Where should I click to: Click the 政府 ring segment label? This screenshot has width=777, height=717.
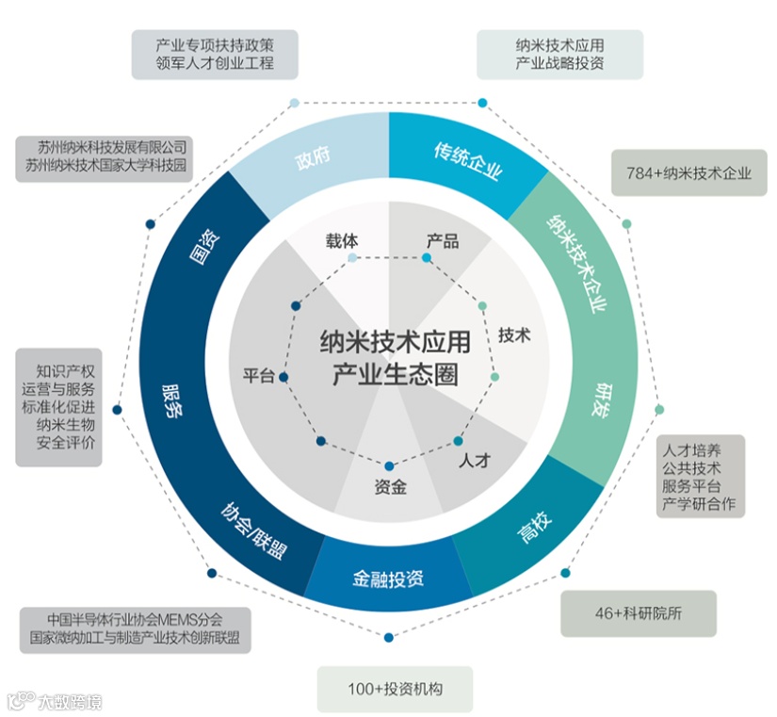(313, 157)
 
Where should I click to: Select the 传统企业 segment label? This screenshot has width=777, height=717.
(467, 161)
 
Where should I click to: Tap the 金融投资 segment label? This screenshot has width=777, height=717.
(388, 576)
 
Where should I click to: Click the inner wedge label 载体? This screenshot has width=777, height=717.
(342, 240)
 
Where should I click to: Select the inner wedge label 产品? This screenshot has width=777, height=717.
(442, 240)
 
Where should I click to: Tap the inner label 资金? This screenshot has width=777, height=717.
(390, 488)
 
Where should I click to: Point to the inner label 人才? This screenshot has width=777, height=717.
(475, 462)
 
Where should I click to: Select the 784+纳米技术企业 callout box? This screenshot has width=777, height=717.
(689, 172)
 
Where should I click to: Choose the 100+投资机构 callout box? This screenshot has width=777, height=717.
(395, 689)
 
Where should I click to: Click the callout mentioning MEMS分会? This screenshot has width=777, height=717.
(136, 629)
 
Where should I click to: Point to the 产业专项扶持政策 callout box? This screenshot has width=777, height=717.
(215, 54)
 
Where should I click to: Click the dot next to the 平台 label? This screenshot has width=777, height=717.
(283, 377)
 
